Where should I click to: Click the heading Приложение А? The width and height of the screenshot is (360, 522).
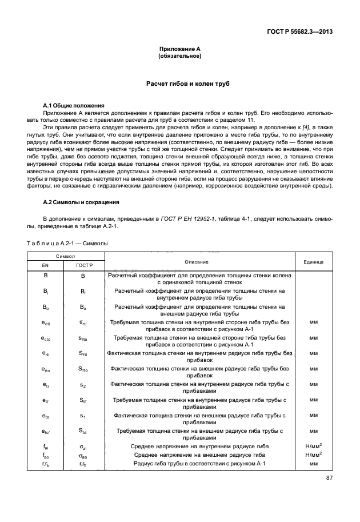pyautogui.click(x=179, y=50)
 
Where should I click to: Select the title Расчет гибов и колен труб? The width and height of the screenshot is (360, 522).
pyautogui.click(x=179, y=84)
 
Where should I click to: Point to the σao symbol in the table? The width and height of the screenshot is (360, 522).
pyautogui.click(x=82, y=455)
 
